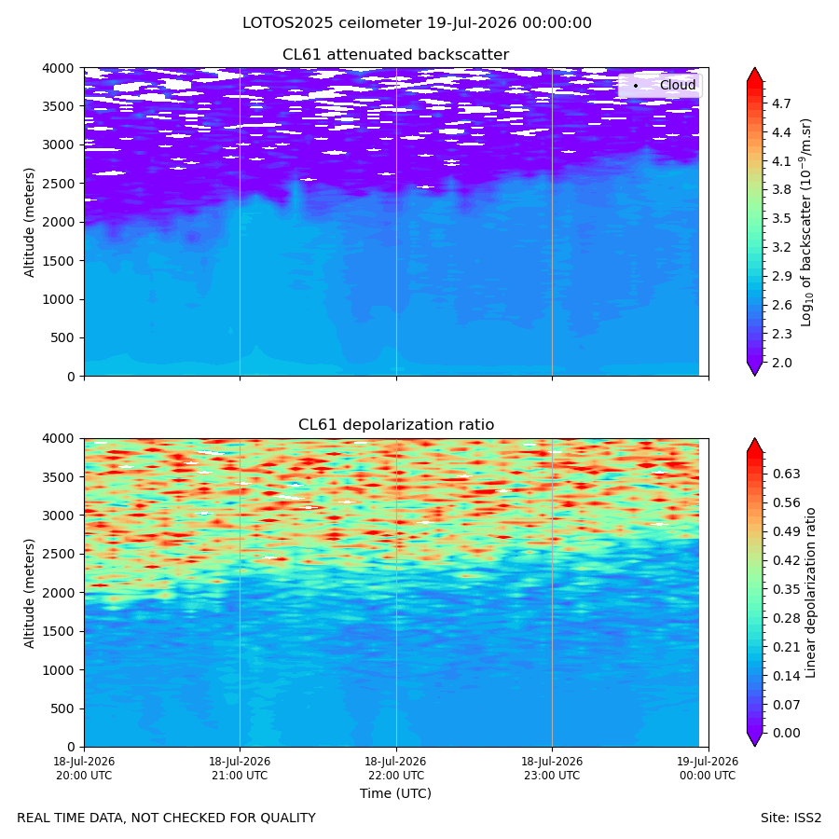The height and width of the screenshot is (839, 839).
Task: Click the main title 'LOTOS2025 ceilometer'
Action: pos(332,23)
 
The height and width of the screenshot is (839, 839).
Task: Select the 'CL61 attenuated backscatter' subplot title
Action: pos(395,55)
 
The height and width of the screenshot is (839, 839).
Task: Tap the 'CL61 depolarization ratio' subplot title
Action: pos(396,425)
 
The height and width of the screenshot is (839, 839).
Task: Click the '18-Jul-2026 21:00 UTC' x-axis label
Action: pos(240,768)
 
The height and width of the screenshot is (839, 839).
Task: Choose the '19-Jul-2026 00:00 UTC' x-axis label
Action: pos(708,768)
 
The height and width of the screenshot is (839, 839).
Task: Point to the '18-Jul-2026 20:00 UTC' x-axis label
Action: pos(84,768)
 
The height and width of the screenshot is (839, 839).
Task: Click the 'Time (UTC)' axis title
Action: pos(395,793)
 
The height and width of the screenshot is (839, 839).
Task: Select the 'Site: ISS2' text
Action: pos(791,818)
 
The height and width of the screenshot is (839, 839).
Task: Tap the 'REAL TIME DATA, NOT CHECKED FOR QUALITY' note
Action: pos(167,818)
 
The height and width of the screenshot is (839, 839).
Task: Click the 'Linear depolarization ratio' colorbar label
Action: pos(810,593)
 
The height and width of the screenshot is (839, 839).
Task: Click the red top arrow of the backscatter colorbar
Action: pos(754,75)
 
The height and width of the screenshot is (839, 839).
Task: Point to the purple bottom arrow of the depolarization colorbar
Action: pos(754,739)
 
